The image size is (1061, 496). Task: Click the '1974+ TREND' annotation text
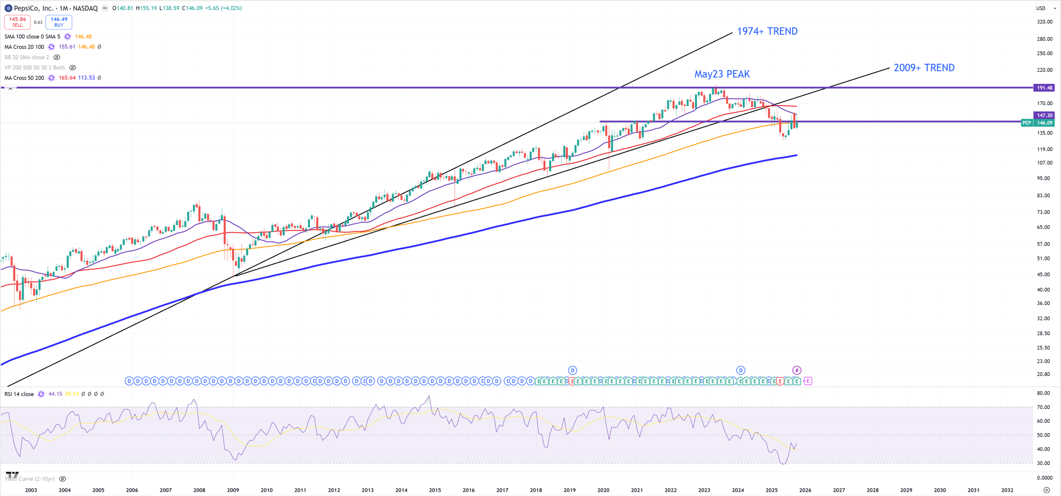tap(767, 31)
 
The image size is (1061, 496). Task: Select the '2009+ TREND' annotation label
tap(924, 68)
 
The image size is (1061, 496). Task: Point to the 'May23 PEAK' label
tap(722, 74)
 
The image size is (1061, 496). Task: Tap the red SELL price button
tap(17, 22)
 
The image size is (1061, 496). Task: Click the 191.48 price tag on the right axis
tap(1044, 88)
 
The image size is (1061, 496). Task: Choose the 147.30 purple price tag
tap(1044, 116)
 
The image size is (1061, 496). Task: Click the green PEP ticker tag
tap(1027, 123)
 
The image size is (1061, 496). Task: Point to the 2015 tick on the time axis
tap(435, 490)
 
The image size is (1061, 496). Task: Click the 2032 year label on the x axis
tap(1007, 490)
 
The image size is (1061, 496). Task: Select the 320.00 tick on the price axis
tap(1044, 22)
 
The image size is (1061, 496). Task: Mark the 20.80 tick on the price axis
tap(1043, 374)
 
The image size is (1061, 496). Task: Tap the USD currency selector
tap(1043, 8)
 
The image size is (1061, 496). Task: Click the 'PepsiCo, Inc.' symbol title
tap(33, 8)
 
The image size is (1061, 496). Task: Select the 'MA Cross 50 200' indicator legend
tap(24, 78)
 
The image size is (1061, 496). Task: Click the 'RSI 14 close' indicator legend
tap(19, 394)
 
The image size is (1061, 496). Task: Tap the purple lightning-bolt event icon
tap(797, 370)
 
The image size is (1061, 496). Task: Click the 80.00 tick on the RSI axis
tap(1043, 393)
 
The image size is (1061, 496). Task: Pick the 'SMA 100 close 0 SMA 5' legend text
tap(32, 37)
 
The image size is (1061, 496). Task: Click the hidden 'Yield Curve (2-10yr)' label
tap(30, 479)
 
